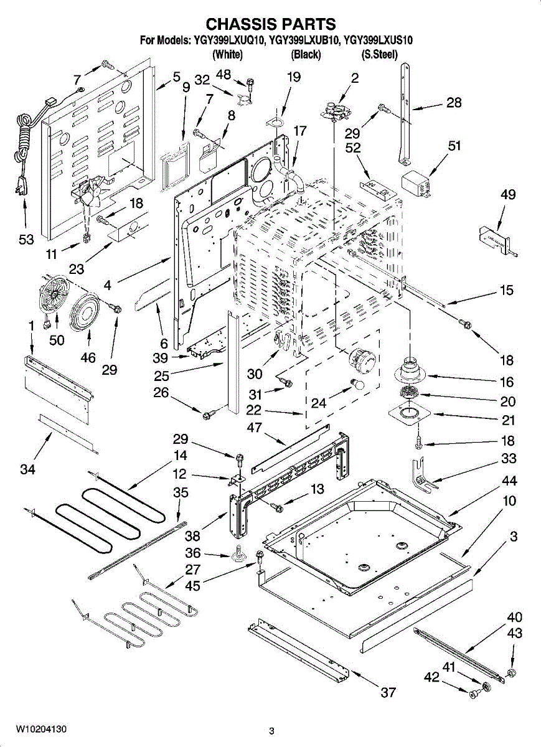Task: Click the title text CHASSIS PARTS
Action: (x=271, y=24)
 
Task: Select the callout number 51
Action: (x=454, y=146)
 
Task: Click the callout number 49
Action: (x=507, y=195)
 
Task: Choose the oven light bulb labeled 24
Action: (x=358, y=385)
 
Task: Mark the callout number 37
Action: (x=388, y=692)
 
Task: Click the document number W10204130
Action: (x=41, y=729)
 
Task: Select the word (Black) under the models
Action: (x=306, y=55)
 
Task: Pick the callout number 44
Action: (x=509, y=481)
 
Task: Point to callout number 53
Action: (x=26, y=240)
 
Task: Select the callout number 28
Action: (x=454, y=103)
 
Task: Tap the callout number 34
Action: (x=27, y=470)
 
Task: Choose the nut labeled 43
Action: (x=511, y=672)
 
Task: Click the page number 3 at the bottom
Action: (x=271, y=731)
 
